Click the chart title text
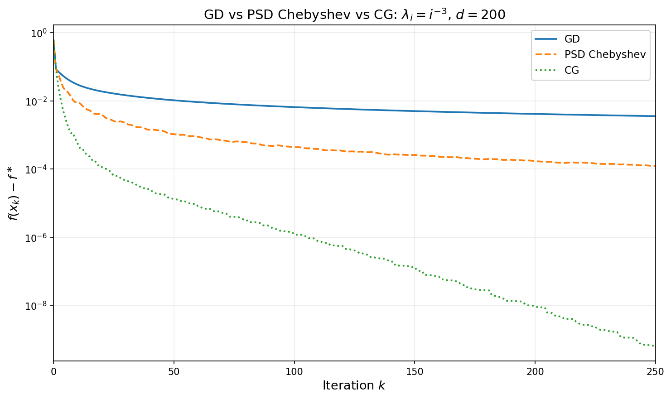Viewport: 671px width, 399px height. [x=354, y=14]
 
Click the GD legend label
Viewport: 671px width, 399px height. [x=572, y=39]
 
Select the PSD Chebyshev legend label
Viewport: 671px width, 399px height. [x=605, y=55]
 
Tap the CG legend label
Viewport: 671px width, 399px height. [x=571, y=70]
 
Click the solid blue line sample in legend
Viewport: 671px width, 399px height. [x=546, y=39]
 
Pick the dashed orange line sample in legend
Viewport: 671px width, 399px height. [x=546, y=55]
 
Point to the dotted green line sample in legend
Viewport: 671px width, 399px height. [x=546, y=70]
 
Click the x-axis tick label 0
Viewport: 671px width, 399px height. [x=53, y=371]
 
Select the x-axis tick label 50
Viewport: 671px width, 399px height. [x=174, y=371]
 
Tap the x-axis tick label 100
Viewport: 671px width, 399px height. [x=294, y=371]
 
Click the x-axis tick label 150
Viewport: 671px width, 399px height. [x=415, y=371]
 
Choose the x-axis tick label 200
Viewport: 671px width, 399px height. [x=535, y=371]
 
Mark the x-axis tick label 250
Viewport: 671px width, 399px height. [x=655, y=371]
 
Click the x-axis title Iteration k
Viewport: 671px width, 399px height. [x=354, y=385]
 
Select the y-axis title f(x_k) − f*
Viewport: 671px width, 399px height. [x=14, y=193]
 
